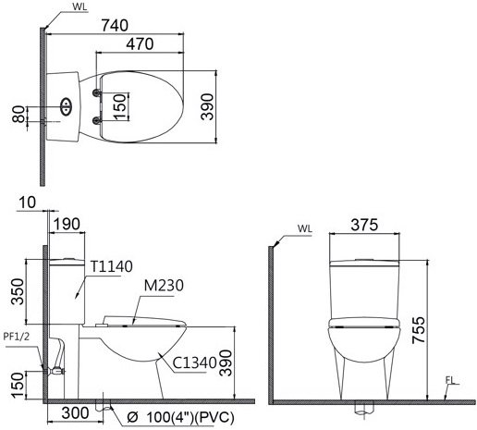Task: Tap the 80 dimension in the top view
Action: (x=17, y=116)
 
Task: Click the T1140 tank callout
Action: (x=112, y=264)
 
